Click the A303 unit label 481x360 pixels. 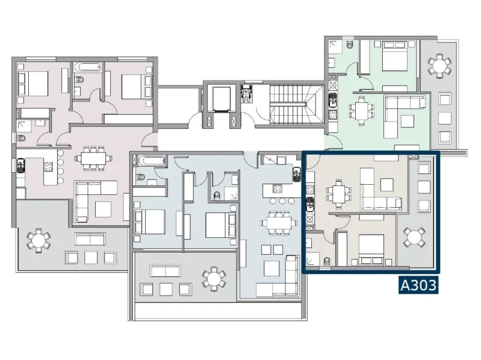[x=418, y=285]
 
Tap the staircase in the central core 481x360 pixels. [x=296, y=105]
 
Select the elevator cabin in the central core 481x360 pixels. [x=221, y=99]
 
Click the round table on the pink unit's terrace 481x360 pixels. [x=38, y=240]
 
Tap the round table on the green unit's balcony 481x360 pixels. [x=440, y=66]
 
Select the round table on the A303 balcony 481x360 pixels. [x=414, y=237]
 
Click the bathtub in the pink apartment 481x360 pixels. [x=88, y=67]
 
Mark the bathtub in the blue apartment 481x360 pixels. [x=151, y=160]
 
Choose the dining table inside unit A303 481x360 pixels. [x=339, y=194]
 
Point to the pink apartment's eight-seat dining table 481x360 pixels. [x=93, y=158]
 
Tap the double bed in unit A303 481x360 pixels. [x=371, y=250]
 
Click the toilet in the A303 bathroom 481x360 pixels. [x=327, y=261]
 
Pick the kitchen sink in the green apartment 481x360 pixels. [x=333, y=100]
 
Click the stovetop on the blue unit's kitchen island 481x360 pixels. [x=277, y=188]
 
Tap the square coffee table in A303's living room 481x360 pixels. [x=387, y=185]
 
